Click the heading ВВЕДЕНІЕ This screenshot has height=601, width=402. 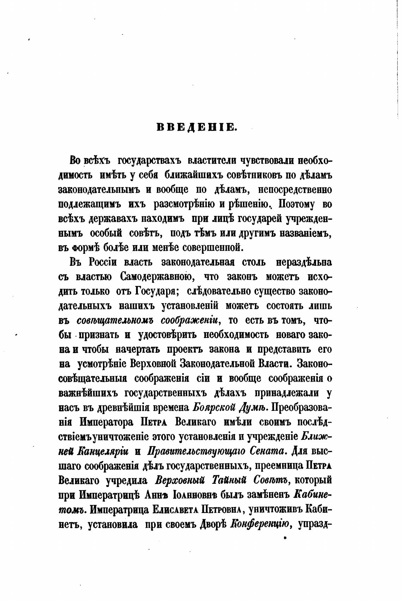click(196, 127)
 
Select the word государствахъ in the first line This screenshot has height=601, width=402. click(149, 161)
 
